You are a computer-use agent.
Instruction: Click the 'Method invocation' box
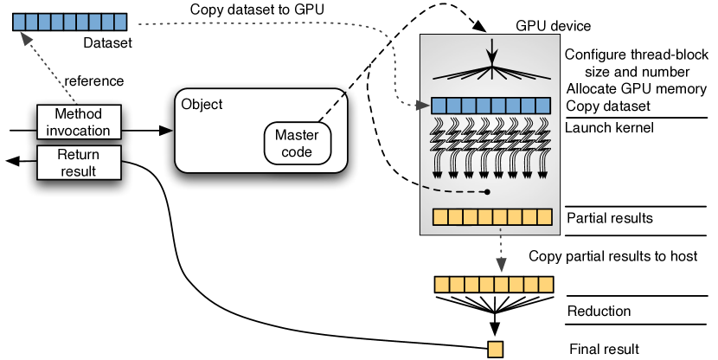point(79,122)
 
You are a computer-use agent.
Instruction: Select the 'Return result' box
point(79,163)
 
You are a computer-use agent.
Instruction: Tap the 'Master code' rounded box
point(297,143)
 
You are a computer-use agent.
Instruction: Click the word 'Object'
point(202,105)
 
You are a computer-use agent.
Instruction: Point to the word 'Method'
point(78,114)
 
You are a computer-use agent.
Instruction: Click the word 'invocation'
point(79,131)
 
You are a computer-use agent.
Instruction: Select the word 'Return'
point(79,155)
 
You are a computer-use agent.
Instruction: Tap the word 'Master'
point(297,135)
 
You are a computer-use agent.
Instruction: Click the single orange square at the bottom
point(495,350)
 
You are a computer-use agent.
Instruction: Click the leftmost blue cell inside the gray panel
point(439,106)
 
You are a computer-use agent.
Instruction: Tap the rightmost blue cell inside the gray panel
point(543,106)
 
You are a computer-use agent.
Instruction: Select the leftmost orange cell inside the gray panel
point(439,217)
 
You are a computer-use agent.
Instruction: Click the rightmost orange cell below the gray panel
point(545,285)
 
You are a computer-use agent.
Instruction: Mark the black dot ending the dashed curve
point(488,192)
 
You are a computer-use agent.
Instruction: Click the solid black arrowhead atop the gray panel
point(491,57)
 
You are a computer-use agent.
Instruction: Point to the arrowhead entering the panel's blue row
point(424,106)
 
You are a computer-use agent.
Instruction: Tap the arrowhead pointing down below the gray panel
point(499,265)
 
